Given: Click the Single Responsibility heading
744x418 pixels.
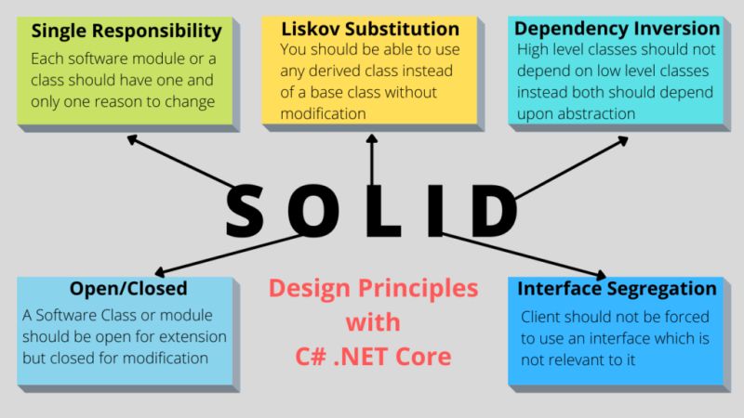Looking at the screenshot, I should (126, 31).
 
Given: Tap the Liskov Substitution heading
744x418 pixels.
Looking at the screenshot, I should (370, 29).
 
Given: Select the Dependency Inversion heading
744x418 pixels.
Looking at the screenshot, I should (617, 28).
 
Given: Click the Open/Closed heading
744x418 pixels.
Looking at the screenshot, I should (128, 288).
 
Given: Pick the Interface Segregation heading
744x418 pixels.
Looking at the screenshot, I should (617, 288).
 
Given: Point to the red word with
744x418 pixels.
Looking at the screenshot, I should (373, 322).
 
